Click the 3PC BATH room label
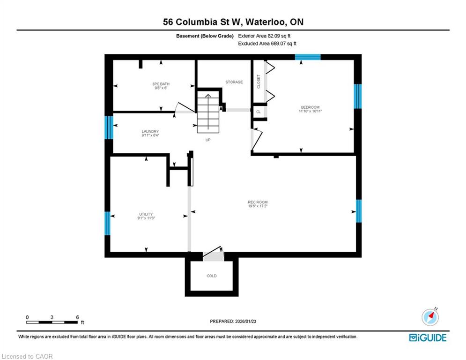[161, 84]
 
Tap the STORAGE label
[234, 82]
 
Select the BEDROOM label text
[310, 107]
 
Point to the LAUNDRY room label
[150, 131]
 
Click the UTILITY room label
[146, 214]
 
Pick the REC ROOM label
[258, 202]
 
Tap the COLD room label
[212, 276]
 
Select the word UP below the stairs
[208, 140]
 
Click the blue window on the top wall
[308, 57]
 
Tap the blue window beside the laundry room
[109, 127]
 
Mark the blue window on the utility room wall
[108, 223]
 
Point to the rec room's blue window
[359, 211]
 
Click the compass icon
[430, 317]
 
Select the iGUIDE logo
[428, 337]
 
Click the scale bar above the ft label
[52, 322]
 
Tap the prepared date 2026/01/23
[245, 321]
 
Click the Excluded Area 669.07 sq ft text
[267, 44]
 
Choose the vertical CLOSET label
[259, 82]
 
